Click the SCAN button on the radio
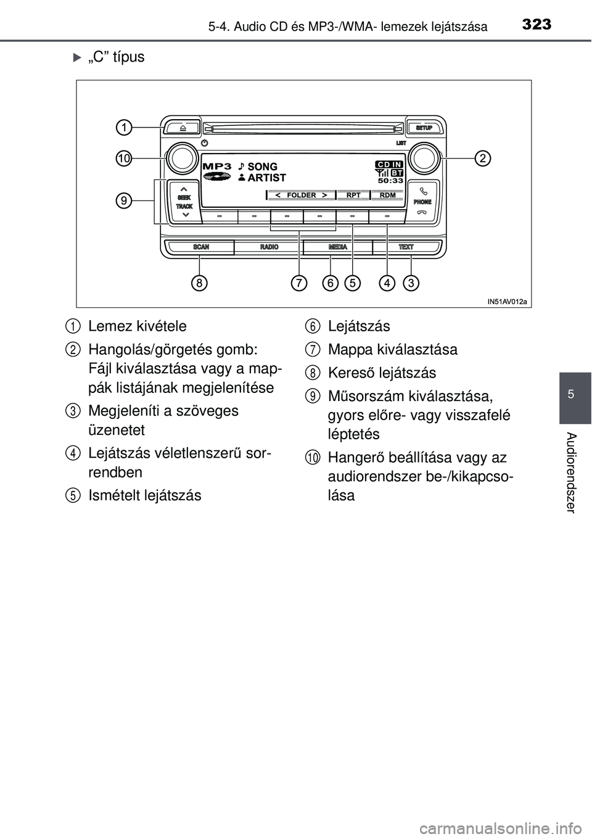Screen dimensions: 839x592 [201, 247]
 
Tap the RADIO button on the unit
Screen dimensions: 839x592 [269, 247]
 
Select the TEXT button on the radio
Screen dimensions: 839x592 [406, 247]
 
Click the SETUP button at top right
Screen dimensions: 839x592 [424, 128]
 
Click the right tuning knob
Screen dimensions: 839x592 [423, 159]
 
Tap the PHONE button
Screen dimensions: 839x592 [422, 201]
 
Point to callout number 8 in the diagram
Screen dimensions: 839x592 [199, 283]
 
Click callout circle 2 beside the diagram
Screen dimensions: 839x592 [482, 159]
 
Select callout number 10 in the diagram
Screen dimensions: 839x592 [125, 159]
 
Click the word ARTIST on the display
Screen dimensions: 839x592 [266, 178]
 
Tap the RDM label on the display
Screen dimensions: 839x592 [388, 195]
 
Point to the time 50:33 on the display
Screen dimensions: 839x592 [390, 181]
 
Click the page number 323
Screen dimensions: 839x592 [536, 25]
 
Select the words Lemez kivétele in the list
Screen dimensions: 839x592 [137, 326]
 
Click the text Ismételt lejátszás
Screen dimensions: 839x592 [145, 495]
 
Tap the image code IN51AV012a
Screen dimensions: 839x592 [507, 302]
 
